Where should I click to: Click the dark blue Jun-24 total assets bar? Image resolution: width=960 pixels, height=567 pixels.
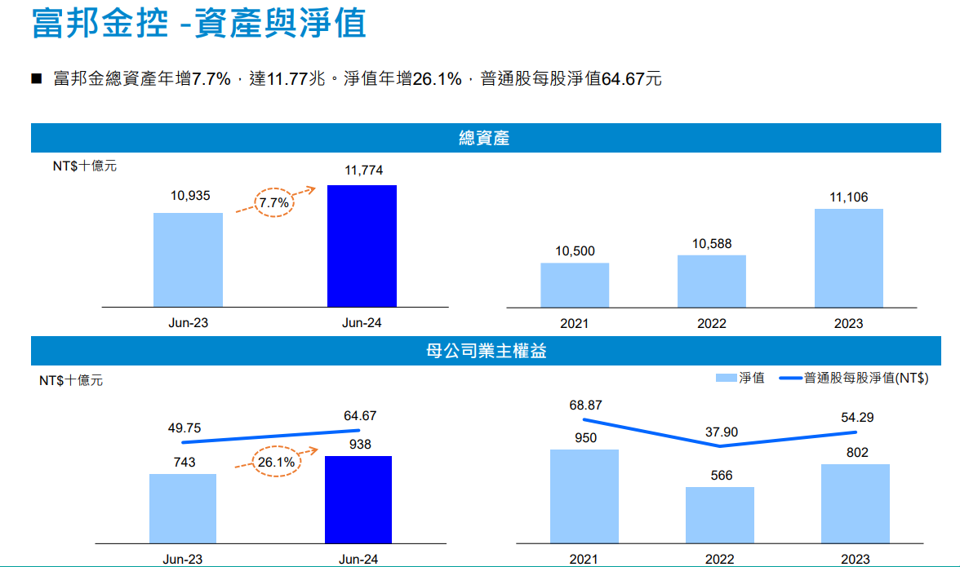click(x=362, y=246)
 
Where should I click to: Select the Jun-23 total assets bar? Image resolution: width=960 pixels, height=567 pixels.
click(x=188, y=259)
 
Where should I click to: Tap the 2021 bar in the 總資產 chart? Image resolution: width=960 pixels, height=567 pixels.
click(x=575, y=285)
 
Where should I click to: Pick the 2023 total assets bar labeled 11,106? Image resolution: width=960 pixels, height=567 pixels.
click(x=848, y=258)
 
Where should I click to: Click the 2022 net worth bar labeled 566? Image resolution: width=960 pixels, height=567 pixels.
click(x=719, y=515)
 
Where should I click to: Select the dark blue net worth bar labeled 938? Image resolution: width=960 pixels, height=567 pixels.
click(x=358, y=499)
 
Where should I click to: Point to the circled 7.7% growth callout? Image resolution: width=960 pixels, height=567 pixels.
click(x=274, y=202)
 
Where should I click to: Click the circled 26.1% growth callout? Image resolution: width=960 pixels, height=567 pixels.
click(x=276, y=462)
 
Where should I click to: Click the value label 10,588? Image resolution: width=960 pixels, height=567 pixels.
click(x=712, y=244)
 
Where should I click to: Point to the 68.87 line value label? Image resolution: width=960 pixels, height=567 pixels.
click(x=586, y=405)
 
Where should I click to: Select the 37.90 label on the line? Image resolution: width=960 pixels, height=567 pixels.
click(x=722, y=432)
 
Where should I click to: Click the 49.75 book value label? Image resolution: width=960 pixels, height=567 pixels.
click(x=184, y=428)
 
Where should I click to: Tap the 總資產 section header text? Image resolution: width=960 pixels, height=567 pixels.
click(x=484, y=138)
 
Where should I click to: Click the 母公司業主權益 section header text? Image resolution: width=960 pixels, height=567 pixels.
click(x=486, y=351)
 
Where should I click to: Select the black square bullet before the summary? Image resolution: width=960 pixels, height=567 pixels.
click(x=36, y=78)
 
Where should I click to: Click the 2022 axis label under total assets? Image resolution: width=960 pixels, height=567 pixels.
click(x=711, y=323)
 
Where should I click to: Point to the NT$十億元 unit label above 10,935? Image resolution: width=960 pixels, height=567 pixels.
click(x=85, y=166)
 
